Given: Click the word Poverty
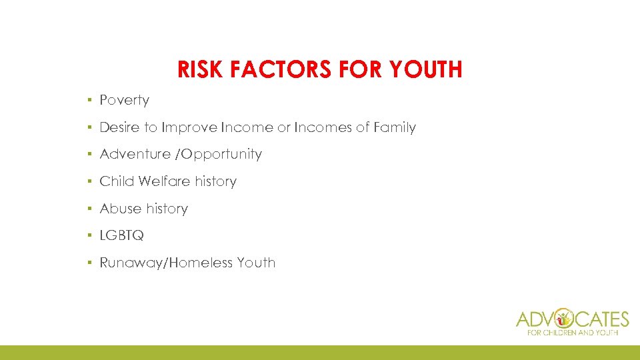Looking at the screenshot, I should (124, 100).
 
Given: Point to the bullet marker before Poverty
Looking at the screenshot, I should (89, 100).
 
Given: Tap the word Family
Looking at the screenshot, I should (394, 127).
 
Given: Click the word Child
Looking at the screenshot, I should (117, 181).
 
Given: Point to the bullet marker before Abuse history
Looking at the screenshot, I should (89, 209).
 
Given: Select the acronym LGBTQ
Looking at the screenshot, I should (121, 235).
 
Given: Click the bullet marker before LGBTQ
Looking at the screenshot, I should (89, 235).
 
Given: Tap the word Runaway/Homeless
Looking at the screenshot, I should (166, 263).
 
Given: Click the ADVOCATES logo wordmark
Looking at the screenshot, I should (573, 318).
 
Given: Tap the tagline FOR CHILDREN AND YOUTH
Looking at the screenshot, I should (573, 332).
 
